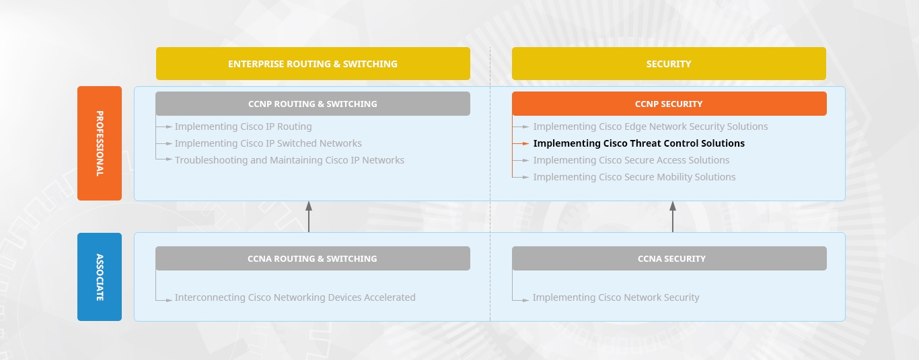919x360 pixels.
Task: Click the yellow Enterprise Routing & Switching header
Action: [x=313, y=64]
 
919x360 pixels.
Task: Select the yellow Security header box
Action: [x=669, y=64]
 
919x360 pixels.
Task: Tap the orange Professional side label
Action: [x=100, y=143]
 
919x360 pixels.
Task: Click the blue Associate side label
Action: [x=100, y=277]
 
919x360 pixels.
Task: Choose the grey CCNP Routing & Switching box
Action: [x=313, y=104]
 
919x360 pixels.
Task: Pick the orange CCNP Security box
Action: [x=669, y=104]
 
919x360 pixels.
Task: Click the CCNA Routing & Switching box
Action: [x=313, y=258]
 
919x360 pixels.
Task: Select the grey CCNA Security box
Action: [x=669, y=258]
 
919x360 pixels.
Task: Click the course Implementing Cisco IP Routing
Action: [x=244, y=127]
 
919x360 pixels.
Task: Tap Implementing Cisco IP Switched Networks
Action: [x=268, y=143]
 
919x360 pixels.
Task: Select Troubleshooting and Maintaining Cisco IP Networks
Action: [x=290, y=160]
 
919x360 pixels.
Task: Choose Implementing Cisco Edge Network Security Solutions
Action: [x=651, y=127]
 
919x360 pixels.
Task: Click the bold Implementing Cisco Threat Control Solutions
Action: [x=638, y=143]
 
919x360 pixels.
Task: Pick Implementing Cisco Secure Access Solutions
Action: [x=632, y=160]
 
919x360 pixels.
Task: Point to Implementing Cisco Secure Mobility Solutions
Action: [x=634, y=177]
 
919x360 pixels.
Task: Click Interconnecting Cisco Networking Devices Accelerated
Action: [x=295, y=297]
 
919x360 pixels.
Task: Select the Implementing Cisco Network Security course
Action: [x=616, y=297]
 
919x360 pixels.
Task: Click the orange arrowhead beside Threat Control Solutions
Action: [x=526, y=144]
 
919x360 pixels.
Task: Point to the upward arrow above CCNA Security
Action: [x=673, y=217]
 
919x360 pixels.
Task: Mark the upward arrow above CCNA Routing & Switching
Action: [x=309, y=217]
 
